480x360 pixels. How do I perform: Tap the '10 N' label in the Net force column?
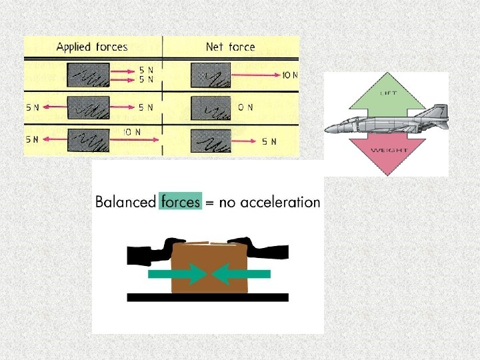pos(290,75)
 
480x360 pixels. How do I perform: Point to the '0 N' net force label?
pos(245,107)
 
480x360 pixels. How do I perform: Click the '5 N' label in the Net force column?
pos(269,141)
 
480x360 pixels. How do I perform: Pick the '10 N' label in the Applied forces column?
pos(131,131)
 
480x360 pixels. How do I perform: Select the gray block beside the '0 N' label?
pos(210,107)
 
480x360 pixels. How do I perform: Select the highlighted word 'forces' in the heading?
pos(180,201)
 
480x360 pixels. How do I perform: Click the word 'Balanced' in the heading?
pos(125,201)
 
